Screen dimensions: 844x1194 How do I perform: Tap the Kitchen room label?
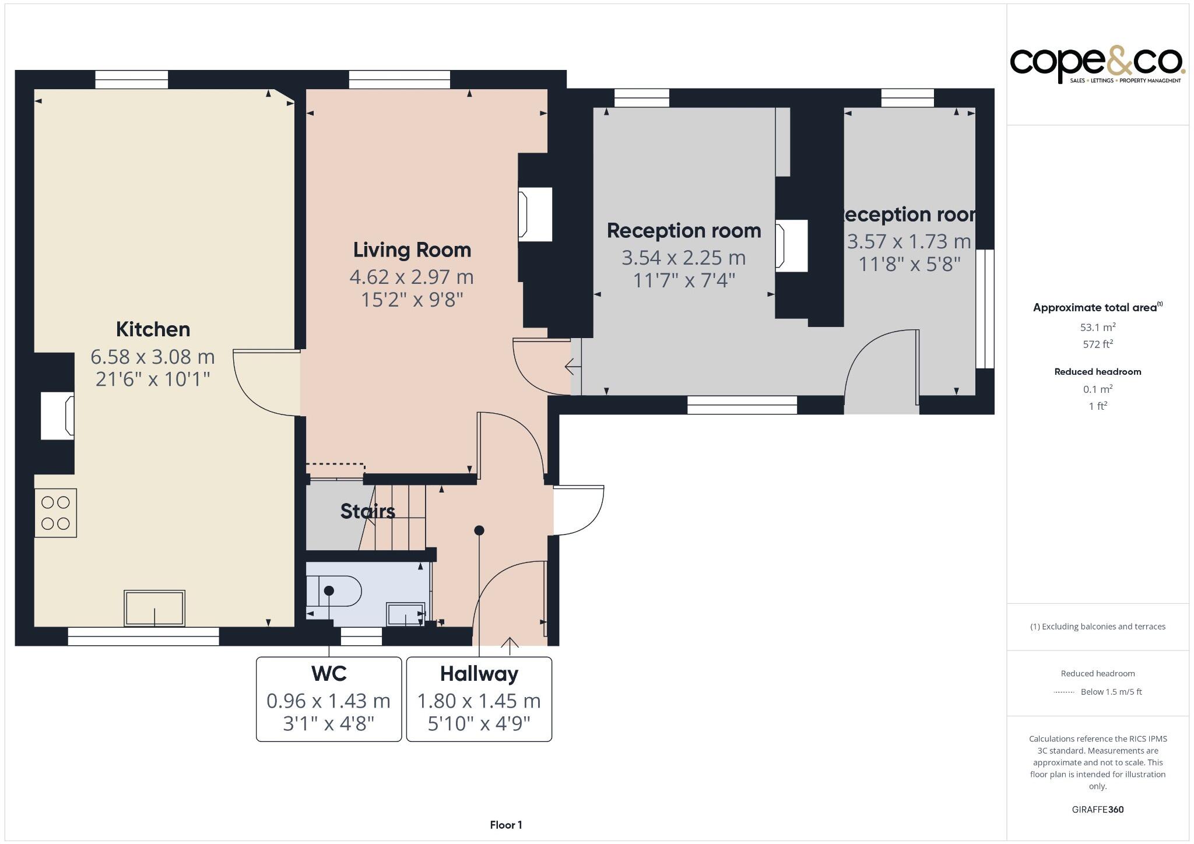coord(153,329)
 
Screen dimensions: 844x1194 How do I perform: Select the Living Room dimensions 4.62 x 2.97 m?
coord(412,277)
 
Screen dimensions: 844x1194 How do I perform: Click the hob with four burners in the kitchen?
coord(56,513)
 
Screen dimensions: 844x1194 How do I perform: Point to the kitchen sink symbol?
coord(154,609)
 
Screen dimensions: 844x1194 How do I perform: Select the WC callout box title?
coord(329,674)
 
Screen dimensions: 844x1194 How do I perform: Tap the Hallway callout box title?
coord(479,674)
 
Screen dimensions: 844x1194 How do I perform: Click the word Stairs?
coord(367,511)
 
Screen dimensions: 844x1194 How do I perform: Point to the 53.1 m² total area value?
coord(1097,327)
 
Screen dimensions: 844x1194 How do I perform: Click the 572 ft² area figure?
coord(1097,344)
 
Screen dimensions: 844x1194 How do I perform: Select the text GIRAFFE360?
coord(1097,809)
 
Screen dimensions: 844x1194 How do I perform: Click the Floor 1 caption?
coord(505,825)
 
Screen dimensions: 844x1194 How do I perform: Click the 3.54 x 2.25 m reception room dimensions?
coord(683,258)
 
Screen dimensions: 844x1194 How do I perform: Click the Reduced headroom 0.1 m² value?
coord(1097,389)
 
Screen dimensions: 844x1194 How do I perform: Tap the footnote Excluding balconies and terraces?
coord(1097,627)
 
